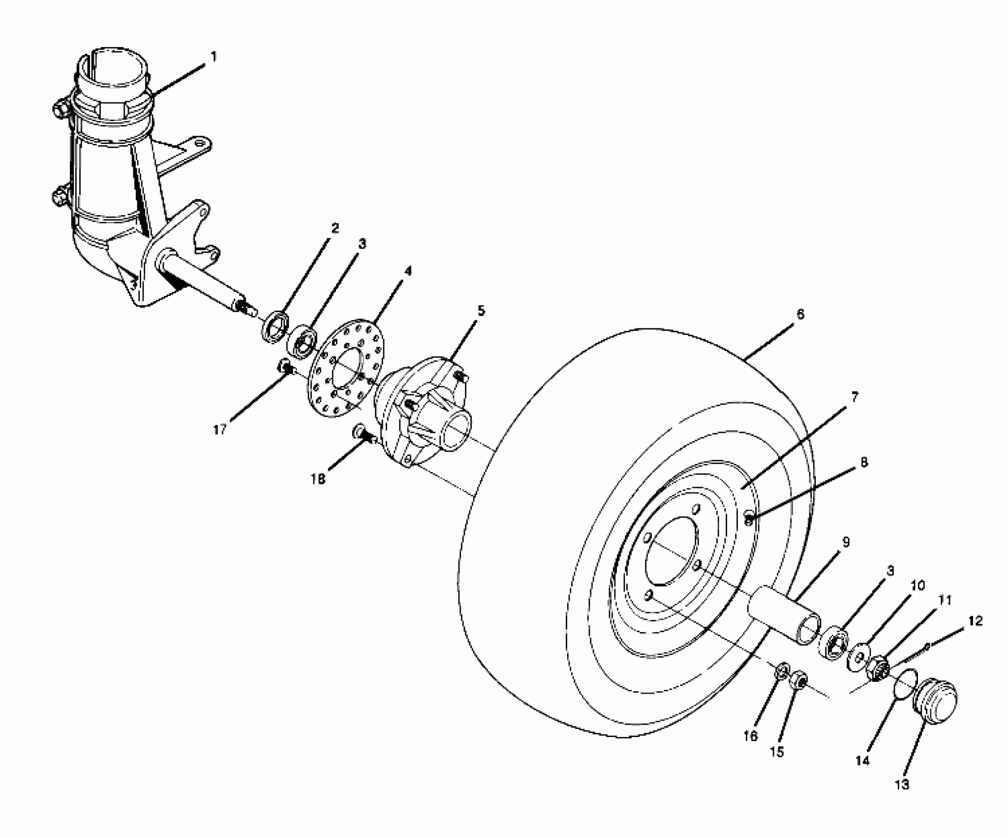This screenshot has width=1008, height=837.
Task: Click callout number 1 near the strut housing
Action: [214, 57]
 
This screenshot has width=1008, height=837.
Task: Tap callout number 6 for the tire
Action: [800, 315]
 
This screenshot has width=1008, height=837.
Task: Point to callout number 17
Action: [220, 430]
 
